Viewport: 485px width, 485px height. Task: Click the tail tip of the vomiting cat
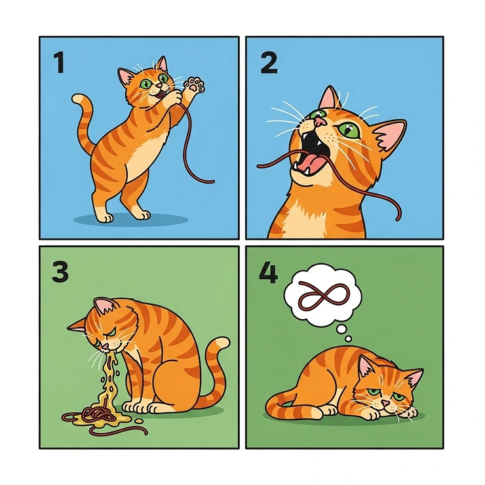[223, 342]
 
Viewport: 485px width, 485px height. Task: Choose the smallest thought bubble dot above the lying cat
[349, 338]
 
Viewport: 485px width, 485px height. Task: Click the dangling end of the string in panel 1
[212, 180]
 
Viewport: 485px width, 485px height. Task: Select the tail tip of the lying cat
[270, 400]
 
